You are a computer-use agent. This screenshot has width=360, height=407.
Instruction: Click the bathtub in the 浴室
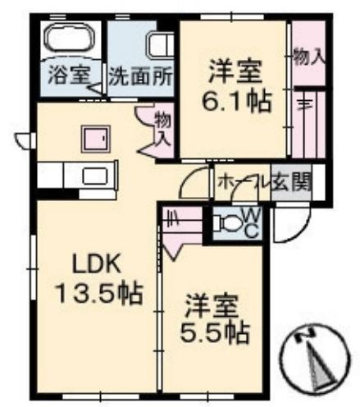[x=71, y=39]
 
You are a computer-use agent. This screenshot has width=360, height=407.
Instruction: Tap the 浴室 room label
[x=69, y=75]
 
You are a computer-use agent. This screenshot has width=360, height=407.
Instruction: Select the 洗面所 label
[x=141, y=76]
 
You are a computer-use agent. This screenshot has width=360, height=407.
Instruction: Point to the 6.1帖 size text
[x=236, y=102]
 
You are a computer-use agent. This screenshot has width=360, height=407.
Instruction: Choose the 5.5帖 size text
[x=215, y=333]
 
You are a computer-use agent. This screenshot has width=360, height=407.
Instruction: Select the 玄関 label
[x=292, y=182]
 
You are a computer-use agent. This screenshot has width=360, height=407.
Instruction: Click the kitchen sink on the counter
[x=94, y=176]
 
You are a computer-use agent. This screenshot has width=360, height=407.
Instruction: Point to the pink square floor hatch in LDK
[x=96, y=139]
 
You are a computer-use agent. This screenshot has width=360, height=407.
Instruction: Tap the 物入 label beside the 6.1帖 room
[x=309, y=58]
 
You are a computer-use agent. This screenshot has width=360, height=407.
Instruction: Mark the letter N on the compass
[x=305, y=334]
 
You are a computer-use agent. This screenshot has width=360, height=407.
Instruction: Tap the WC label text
[x=253, y=222]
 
